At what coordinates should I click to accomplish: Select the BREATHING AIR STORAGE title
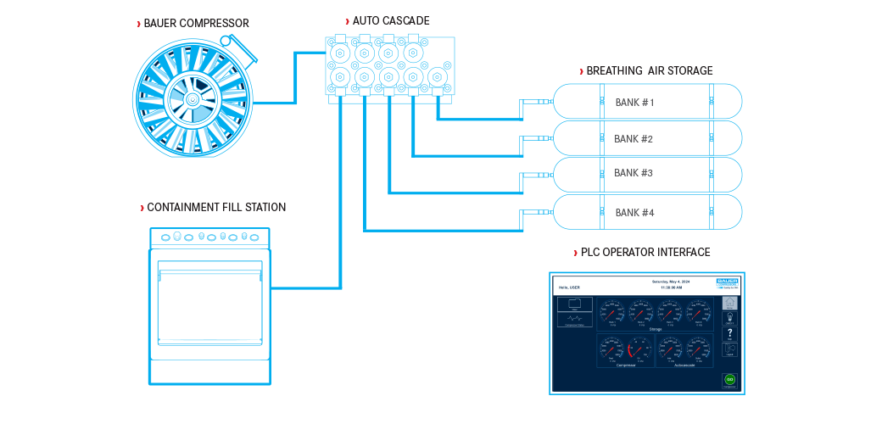(649, 71)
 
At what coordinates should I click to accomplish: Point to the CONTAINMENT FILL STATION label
(216, 208)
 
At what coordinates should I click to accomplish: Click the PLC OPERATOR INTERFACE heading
(645, 253)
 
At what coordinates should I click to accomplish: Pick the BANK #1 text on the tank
(635, 103)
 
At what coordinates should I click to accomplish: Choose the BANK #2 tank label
(634, 138)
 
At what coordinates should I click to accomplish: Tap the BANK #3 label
(634, 173)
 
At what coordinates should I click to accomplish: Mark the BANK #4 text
(634, 213)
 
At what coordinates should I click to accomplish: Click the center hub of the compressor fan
(193, 98)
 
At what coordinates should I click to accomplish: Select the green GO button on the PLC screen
(729, 379)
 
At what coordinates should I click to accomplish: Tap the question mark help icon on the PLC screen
(729, 334)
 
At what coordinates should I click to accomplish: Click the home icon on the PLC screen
(729, 302)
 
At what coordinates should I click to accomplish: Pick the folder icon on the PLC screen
(574, 304)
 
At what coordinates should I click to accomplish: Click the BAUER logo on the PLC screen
(727, 281)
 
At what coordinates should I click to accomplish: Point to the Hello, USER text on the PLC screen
(569, 287)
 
